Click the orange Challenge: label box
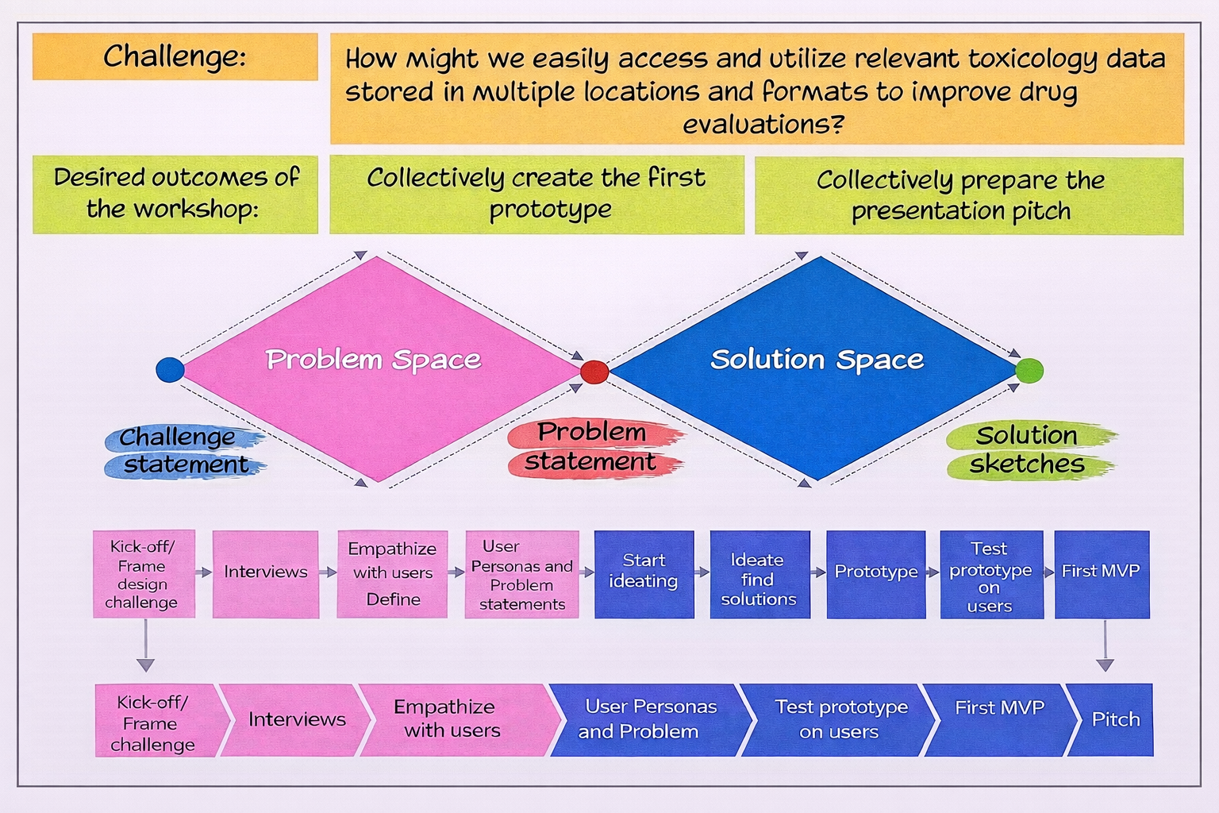(x=175, y=56)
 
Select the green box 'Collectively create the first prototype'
(x=536, y=194)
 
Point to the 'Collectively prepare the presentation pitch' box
(x=968, y=195)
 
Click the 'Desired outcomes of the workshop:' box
(x=175, y=194)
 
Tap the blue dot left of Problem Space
(x=170, y=369)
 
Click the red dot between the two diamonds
(x=594, y=371)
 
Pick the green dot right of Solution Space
(x=1029, y=370)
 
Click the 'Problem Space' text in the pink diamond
(x=373, y=360)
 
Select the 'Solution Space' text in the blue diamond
(x=817, y=360)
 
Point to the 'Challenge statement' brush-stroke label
(x=184, y=451)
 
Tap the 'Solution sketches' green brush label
(x=1029, y=449)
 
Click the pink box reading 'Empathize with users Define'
(x=392, y=573)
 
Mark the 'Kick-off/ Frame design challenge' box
(x=143, y=573)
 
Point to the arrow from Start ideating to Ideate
(x=702, y=572)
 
